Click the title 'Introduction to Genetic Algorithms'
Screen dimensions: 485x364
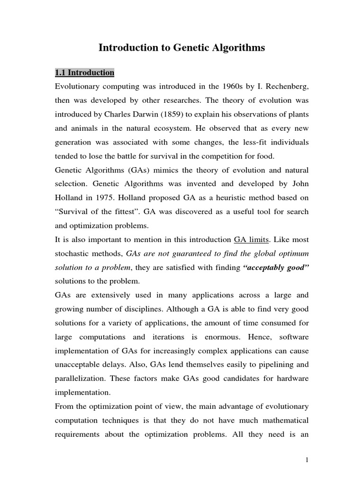coord(182,47)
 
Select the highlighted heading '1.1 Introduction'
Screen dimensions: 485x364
coord(84,73)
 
